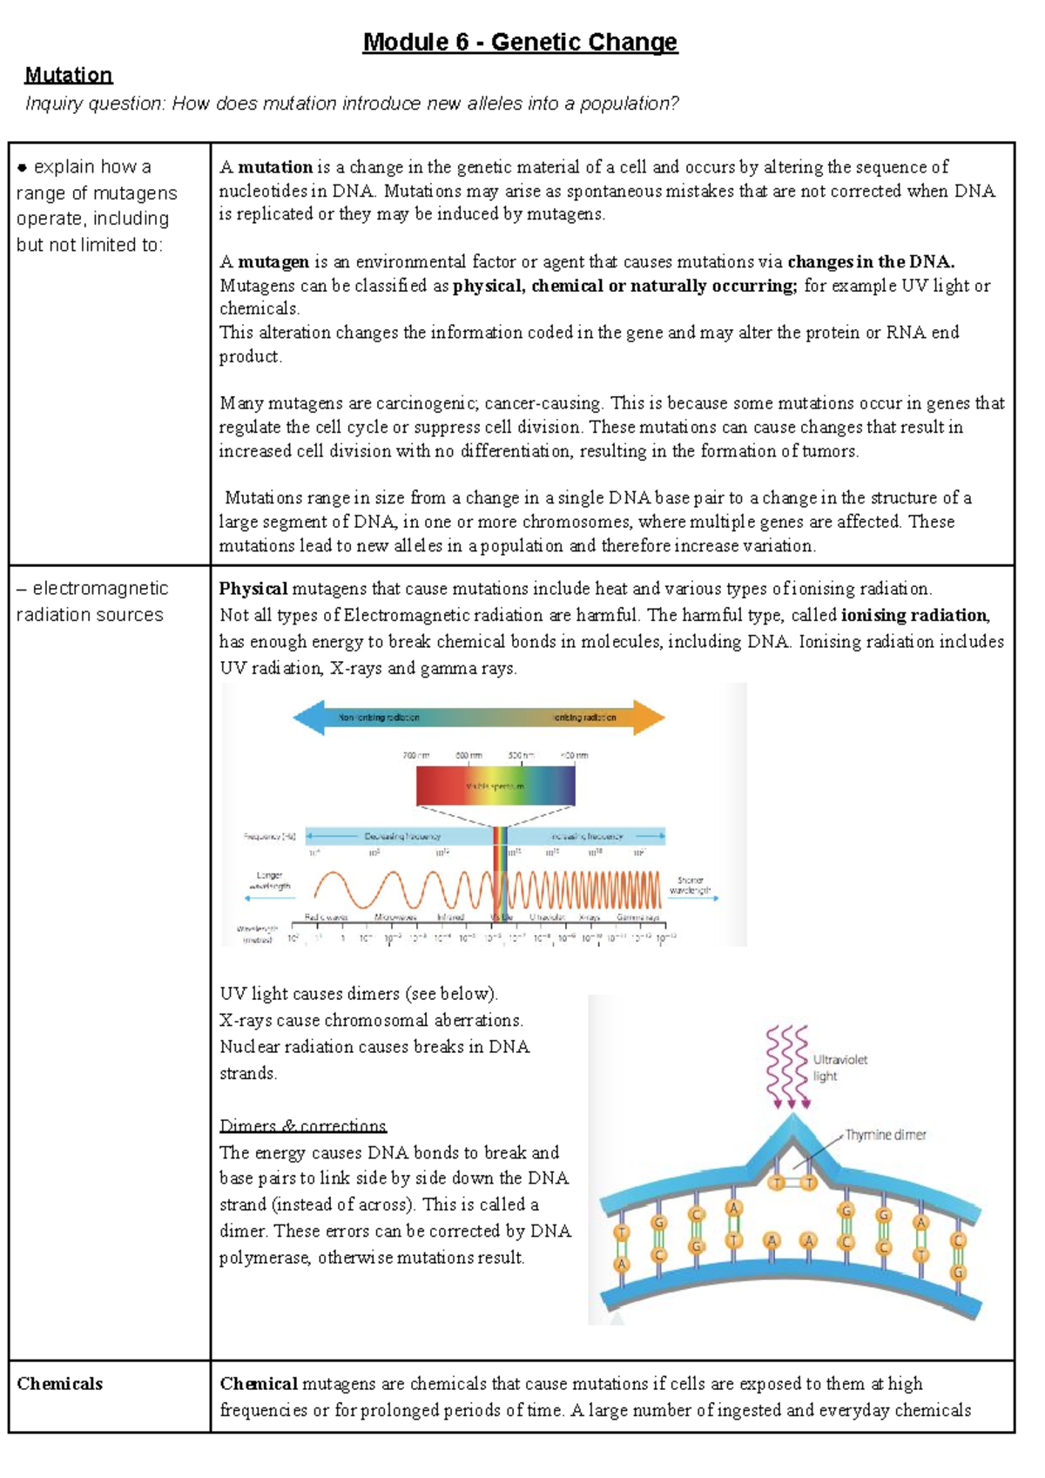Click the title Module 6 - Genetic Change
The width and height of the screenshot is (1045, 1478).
coord(520,42)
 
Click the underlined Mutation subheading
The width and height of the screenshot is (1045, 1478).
coord(69,75)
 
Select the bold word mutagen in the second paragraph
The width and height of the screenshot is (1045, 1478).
coord(273,262)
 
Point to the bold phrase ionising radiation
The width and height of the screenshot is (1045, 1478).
coord(914,615)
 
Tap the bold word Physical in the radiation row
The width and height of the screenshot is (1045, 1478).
coord(253,589)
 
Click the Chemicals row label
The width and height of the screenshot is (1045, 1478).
coord(59,1384)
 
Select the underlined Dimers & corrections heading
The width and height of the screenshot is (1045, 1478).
coord(302,1126)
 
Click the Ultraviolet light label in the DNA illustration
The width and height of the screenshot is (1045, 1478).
coord(839,1068)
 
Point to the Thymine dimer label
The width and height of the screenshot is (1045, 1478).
coord(885,1135)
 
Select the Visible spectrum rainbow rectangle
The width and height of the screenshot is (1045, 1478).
coord(495,786)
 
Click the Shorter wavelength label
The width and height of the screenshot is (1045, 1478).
coord(690,886)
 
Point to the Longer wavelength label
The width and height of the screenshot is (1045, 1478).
coord(269,881)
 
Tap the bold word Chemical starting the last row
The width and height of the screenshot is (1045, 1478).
coord(259,1384)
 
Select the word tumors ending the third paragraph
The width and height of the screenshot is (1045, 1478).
coord(833,451)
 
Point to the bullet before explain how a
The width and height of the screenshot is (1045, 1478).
coord(23,167)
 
